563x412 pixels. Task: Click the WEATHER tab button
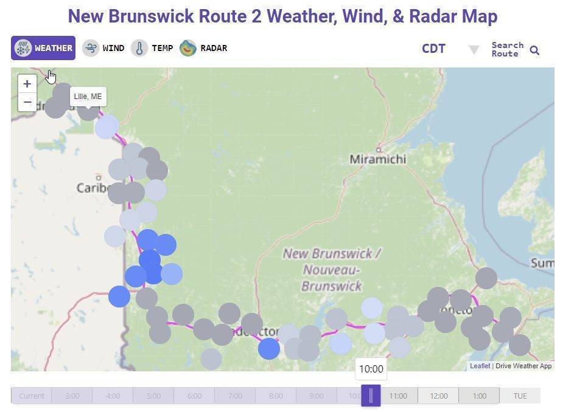point(43,48)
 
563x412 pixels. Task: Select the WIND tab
point(103,48)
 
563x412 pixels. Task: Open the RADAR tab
point(204,48)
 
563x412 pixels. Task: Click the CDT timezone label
point(433,49)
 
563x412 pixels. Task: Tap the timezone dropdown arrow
point(474,50)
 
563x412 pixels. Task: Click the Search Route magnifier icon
point(534,50)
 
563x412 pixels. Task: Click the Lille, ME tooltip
point(88,97)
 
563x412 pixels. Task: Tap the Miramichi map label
point(377,159)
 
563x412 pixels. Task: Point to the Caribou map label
point(93,188)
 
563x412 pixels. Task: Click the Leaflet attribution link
point(480,366)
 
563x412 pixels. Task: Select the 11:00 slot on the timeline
point(398,396)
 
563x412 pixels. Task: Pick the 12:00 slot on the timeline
point(438,396)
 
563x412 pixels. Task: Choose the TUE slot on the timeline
point(520,396)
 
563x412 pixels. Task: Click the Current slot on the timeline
point(31,396)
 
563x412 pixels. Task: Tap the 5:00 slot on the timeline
point(153,396)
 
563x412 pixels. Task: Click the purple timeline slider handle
point(371,396)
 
